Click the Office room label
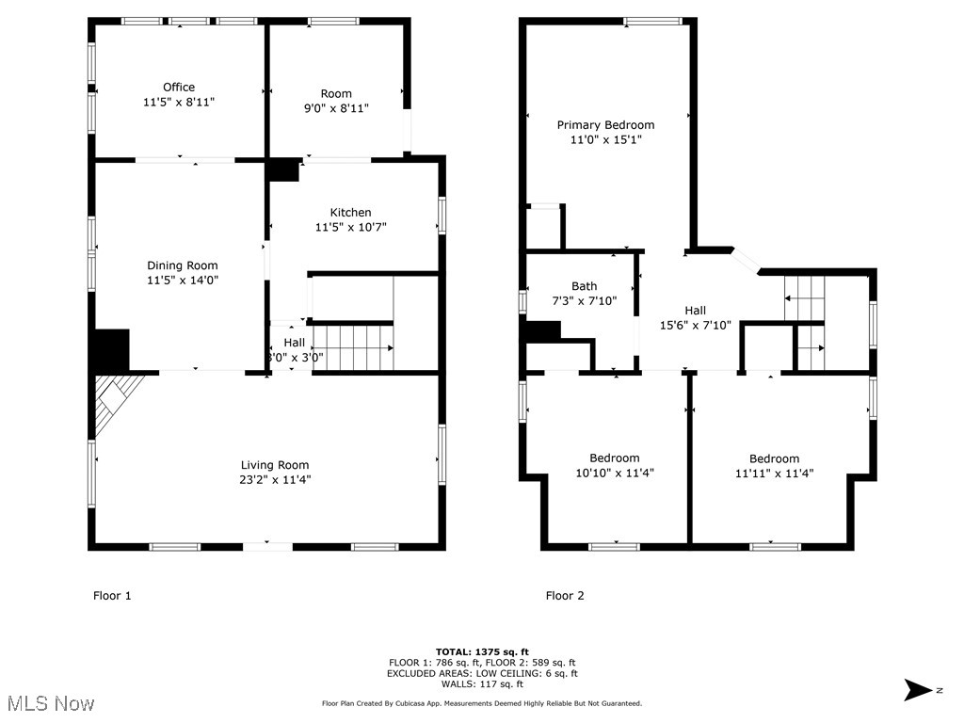179,88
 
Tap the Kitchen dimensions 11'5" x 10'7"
350,227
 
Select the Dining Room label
182,265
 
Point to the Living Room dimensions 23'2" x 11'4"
275,479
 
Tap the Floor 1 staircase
352,347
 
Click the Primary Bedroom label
605,124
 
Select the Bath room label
584,286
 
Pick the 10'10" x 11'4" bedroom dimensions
615,474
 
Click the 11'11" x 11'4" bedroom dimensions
774,474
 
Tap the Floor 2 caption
565,595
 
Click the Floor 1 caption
112,595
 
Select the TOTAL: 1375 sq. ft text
482,651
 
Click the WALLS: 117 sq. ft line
482,683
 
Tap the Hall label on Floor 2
695,310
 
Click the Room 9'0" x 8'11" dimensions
336,108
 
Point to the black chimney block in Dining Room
111,349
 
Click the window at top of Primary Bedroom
653,21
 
